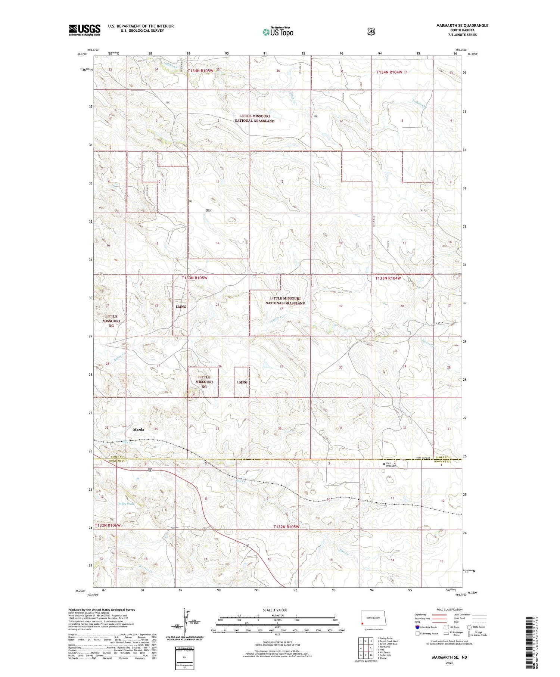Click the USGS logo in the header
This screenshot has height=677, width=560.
(x=84, y=30)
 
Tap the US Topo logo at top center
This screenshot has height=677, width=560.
(x=278, y=32)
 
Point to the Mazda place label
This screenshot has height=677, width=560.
(x=139, y=430)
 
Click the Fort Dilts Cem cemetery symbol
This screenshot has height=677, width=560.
(x=384, y=464)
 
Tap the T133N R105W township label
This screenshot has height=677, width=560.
(x=195, y=278)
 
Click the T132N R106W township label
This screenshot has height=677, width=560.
(x=108, y=525)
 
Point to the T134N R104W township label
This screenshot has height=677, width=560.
(x=389, y=72)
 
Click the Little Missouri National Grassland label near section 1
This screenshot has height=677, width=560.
(x=254, y=118)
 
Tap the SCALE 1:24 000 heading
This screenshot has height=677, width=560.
(x=275, y=610)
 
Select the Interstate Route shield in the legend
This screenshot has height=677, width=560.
(x=417, y=627)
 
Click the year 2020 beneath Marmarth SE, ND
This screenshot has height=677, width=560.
(x=449, y=663)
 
